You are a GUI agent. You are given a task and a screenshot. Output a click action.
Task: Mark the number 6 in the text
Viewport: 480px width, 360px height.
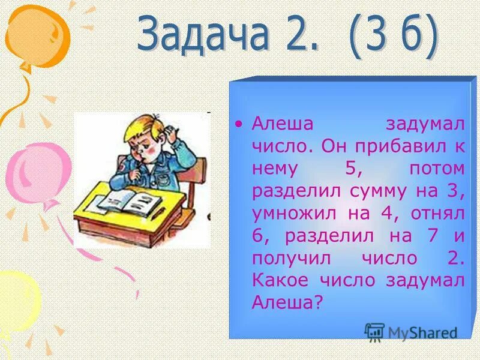pos(259,236)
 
